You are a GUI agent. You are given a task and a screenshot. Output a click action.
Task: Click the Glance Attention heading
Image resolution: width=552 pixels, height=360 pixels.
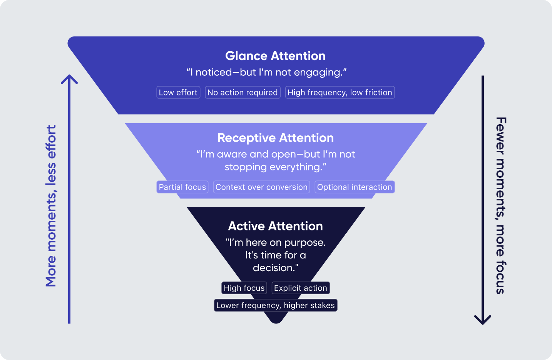point(275,56)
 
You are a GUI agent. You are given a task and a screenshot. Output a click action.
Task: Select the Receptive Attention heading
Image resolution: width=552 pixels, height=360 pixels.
point(275,138)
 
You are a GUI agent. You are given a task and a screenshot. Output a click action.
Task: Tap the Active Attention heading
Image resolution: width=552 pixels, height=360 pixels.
point(275,226)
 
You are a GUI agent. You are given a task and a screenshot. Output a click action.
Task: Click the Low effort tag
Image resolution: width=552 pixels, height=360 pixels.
point(178,92)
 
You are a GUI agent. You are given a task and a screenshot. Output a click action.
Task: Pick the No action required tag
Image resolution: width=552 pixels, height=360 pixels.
point(243,92)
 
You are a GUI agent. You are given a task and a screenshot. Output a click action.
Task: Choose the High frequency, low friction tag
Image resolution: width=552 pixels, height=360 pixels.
point(340,92)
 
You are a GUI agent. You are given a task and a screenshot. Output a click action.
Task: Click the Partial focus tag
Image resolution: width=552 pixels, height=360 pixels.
point(182,187)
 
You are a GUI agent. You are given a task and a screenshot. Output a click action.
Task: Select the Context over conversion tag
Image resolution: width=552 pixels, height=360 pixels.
point(261,187)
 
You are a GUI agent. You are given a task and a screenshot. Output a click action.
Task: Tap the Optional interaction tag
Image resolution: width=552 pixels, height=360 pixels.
point(355,187)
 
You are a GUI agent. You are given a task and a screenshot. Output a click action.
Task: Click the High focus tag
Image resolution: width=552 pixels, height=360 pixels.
point(244,288)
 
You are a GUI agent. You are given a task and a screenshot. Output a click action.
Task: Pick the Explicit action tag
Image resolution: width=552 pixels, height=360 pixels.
point(301,288)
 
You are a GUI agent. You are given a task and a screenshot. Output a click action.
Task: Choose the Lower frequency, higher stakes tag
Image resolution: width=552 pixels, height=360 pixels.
point(276,305)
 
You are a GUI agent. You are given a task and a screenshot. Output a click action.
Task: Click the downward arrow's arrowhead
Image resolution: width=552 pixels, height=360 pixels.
point(483,320)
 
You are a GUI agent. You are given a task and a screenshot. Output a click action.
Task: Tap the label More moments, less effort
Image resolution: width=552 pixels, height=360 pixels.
point(51,206)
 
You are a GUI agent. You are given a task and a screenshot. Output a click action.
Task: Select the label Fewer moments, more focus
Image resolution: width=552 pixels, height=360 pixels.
point(500,206)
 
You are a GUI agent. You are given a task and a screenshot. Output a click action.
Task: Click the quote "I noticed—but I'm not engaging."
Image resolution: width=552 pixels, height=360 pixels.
point(266,72)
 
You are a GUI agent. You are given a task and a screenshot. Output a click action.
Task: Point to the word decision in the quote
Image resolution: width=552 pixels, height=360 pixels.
point(273,268)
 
